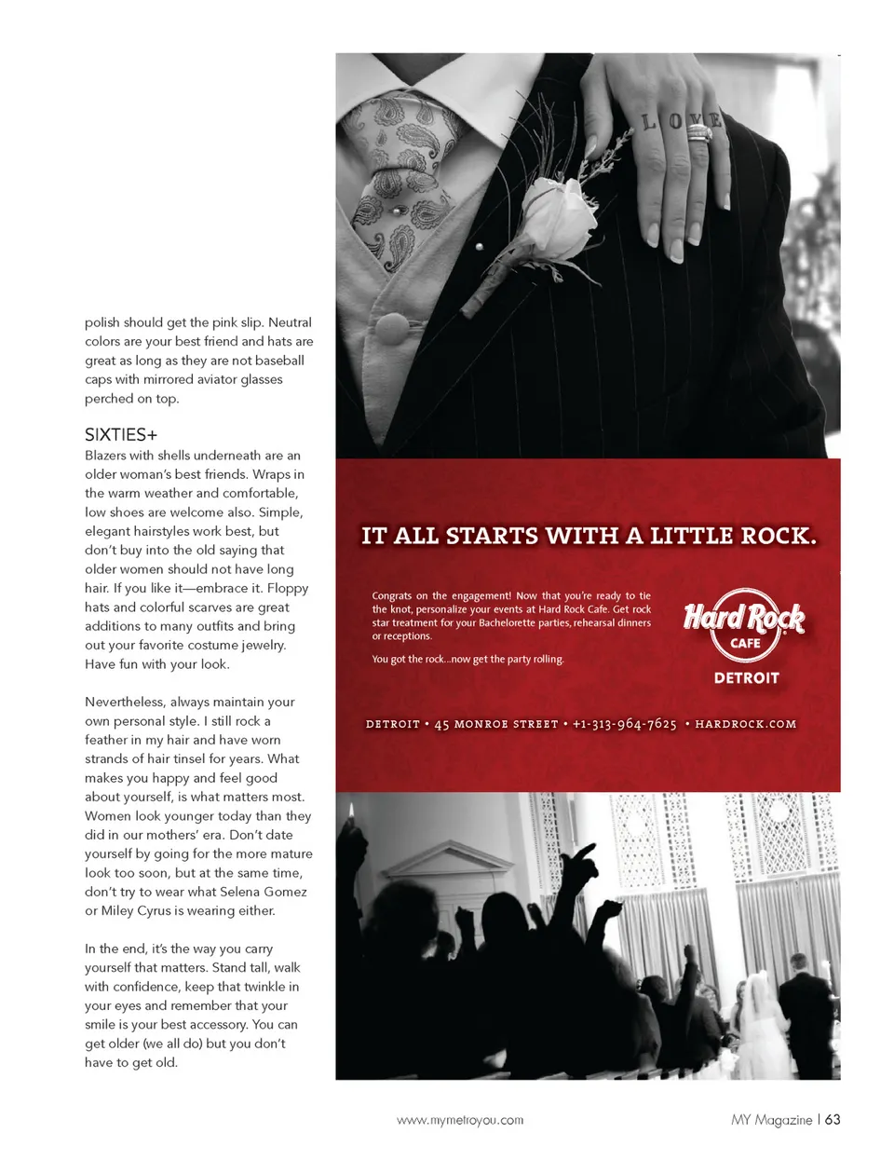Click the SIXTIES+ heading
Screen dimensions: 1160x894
coord(121,435)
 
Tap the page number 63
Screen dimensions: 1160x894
coord(833,1119)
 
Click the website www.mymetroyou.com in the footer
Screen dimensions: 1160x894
coord(460,1120)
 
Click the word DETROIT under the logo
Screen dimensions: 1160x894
coord(746,678)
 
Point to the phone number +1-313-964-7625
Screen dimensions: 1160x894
coord(624,724)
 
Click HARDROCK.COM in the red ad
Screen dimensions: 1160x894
coord(746,724)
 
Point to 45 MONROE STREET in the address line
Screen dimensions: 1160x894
coord(496,724)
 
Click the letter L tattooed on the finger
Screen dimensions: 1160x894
coord(649,121)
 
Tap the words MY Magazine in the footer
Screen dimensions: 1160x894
coord(771,1120)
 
